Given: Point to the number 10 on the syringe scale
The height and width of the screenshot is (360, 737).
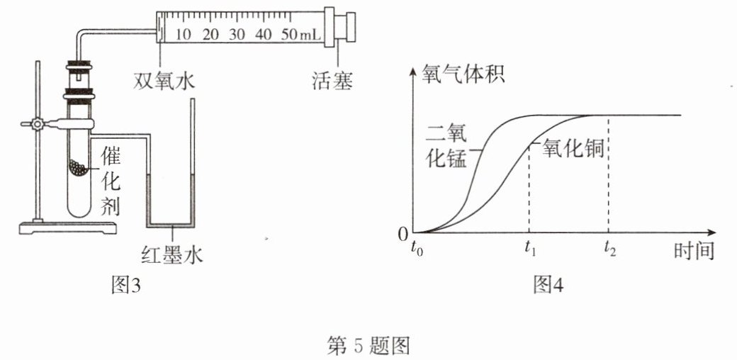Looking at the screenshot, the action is pyautogui.click(x=184, y=34).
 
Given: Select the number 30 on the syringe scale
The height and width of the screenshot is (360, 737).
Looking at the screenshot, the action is pyautogui.click(x=238, y=34).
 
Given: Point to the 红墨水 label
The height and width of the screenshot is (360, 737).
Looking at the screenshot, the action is pyautogui.click(x=172, y=255).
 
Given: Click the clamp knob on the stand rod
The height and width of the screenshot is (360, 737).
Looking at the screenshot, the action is pyautogui.click(x=36, y=125).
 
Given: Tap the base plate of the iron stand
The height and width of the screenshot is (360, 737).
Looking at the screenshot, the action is pyautogui.click(x=67, y=228).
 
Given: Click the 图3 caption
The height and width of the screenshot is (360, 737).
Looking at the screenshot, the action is pyautogui.click(x=125, y=285).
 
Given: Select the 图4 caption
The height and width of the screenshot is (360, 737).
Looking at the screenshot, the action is pyautogui.click(x=548, y=285).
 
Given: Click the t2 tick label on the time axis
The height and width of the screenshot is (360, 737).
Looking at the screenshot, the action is pyautogui.click(x=610, y=250).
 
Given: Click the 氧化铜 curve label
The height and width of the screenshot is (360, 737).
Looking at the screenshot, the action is pyautogui.click(x=573, y=150).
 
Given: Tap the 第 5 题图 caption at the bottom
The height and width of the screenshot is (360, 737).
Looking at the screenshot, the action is pyautogui.click(x=368, y=347).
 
